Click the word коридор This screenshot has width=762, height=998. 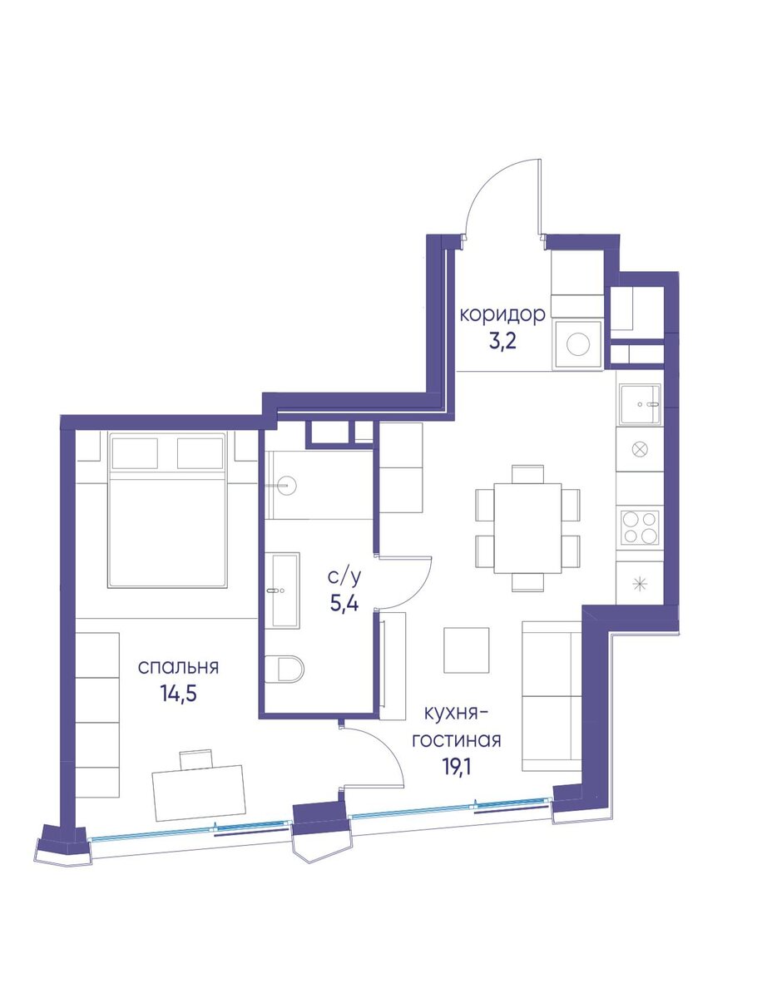point(502,314)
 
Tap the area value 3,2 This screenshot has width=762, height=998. point(502,341)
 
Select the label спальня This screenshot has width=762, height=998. point(178,667)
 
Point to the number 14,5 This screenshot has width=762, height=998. point(178,694)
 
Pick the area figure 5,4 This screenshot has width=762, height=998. point(344,603)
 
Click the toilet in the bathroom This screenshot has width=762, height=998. point(285,669)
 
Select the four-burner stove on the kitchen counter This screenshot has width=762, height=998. point(640,527)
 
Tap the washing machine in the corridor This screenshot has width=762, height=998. point(577,344)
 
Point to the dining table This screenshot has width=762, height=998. point(527,528)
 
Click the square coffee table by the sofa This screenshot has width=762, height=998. point(467,650)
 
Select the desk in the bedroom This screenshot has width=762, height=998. point(199,793)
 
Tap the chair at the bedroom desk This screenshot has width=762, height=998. point(196,759)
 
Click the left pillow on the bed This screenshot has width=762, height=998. point(135,453)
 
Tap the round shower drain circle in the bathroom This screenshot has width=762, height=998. point(287,486)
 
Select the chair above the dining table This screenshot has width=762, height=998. point(527,474)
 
